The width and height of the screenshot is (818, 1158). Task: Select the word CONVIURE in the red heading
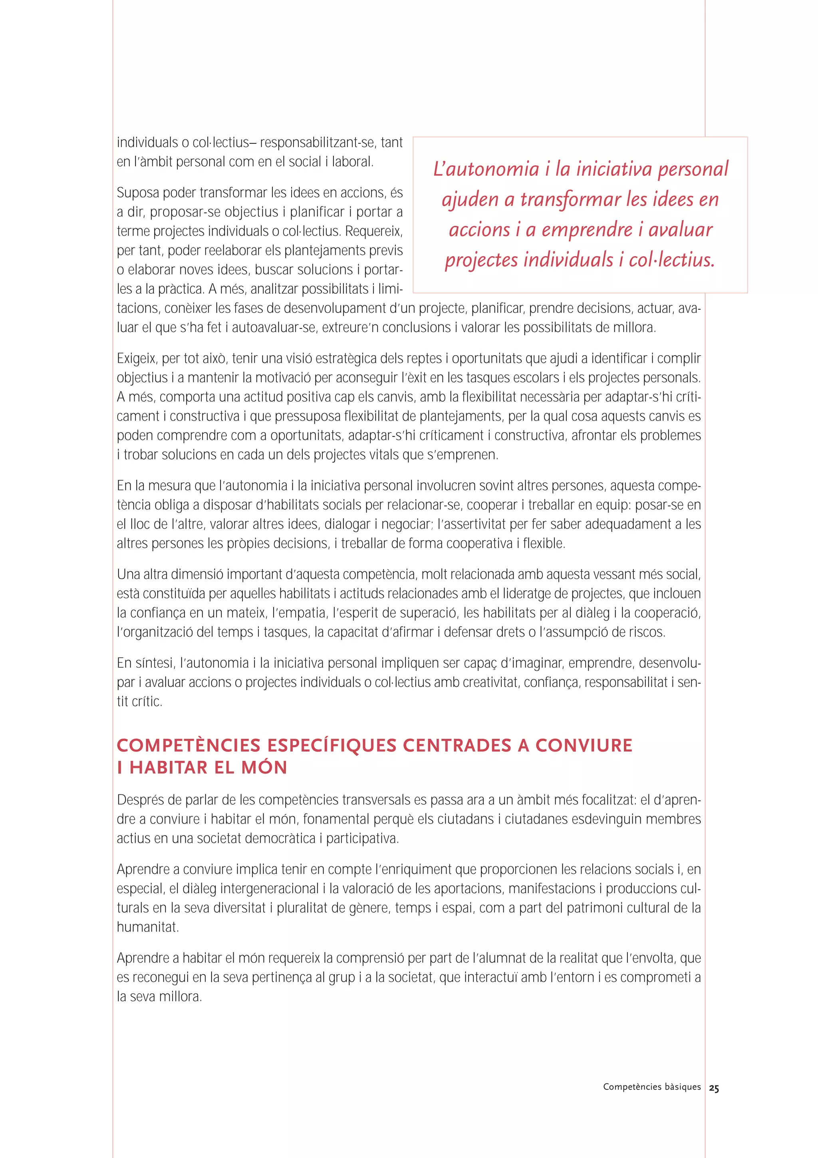tap(584, 746)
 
